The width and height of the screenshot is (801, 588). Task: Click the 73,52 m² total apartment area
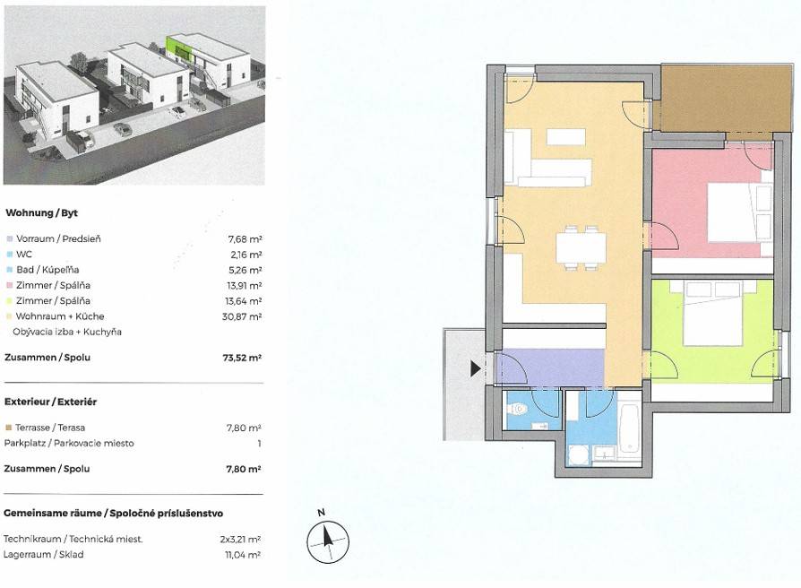242,358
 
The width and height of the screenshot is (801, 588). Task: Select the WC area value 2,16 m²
245,255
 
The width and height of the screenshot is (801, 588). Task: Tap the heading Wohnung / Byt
41,213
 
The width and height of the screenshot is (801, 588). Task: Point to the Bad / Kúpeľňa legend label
47,270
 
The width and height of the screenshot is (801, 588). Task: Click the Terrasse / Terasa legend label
50,428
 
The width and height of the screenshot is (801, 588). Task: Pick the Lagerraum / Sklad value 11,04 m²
243,555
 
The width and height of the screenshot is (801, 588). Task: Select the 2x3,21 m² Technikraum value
240,539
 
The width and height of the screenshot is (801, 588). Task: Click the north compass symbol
327,541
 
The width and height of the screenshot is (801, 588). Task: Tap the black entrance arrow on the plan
476,368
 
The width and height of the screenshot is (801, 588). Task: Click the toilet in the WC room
518,410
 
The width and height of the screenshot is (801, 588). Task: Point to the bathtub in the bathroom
629,428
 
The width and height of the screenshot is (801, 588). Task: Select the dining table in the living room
581,247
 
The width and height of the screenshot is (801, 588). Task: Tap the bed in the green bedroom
712,312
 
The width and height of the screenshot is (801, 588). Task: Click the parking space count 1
259,444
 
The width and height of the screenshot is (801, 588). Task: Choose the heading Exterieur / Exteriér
50,402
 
